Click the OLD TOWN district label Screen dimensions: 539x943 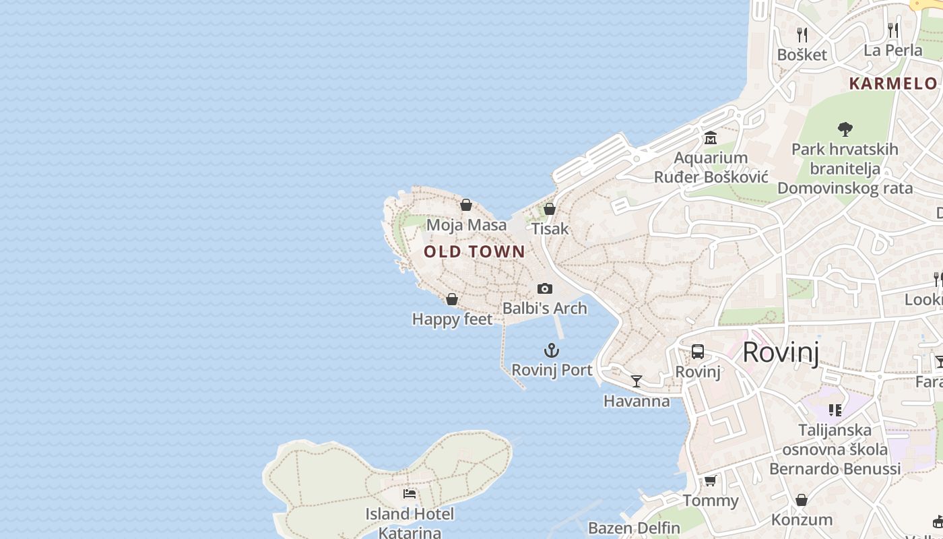pyautogui.click(x=474, y=252)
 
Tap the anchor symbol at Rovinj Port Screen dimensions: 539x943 pyautogui.click(x=552, y=350)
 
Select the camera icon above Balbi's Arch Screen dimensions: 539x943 pyautogui.click(x=545, y=289)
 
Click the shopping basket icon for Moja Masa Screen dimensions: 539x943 pyautogui.click(x=466, y=205)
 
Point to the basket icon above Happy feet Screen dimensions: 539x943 pyautogui.click(x=452, y=299)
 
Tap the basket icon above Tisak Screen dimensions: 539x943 pyautogui.click(x=550, y=209)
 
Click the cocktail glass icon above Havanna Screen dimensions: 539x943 pyautogui.click(x=637, y=381)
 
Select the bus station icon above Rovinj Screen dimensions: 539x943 pyautogui.click(x=698, y=352)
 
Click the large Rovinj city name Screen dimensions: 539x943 pyautogui.click(x=781, y=352)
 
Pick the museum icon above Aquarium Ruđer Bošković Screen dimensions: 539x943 pyautogui.click(x=711, y=138)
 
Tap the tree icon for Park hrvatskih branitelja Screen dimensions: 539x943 pyautogui.click(x=845, y=129)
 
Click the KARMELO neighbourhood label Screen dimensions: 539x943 pyautogui.click(x=893, y=84)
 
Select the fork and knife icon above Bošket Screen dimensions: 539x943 pyautogui.click(x=802, y=34)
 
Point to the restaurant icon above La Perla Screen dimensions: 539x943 pyautogui.click(x=892, y=30)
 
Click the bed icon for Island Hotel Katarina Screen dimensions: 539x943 pyautogui.click(x=410, y=494)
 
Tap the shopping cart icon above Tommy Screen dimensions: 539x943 pyautogui.click(x=710, y=481)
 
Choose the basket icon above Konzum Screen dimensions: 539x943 pyautogui.click(x=802, y=500)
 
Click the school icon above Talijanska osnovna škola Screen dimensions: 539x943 pyautogui.click(x=835, y=410)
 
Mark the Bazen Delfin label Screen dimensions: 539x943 pyautogui.click(x=634, y=528)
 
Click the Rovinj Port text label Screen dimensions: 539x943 pyautogui.click(x=552, y=370)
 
